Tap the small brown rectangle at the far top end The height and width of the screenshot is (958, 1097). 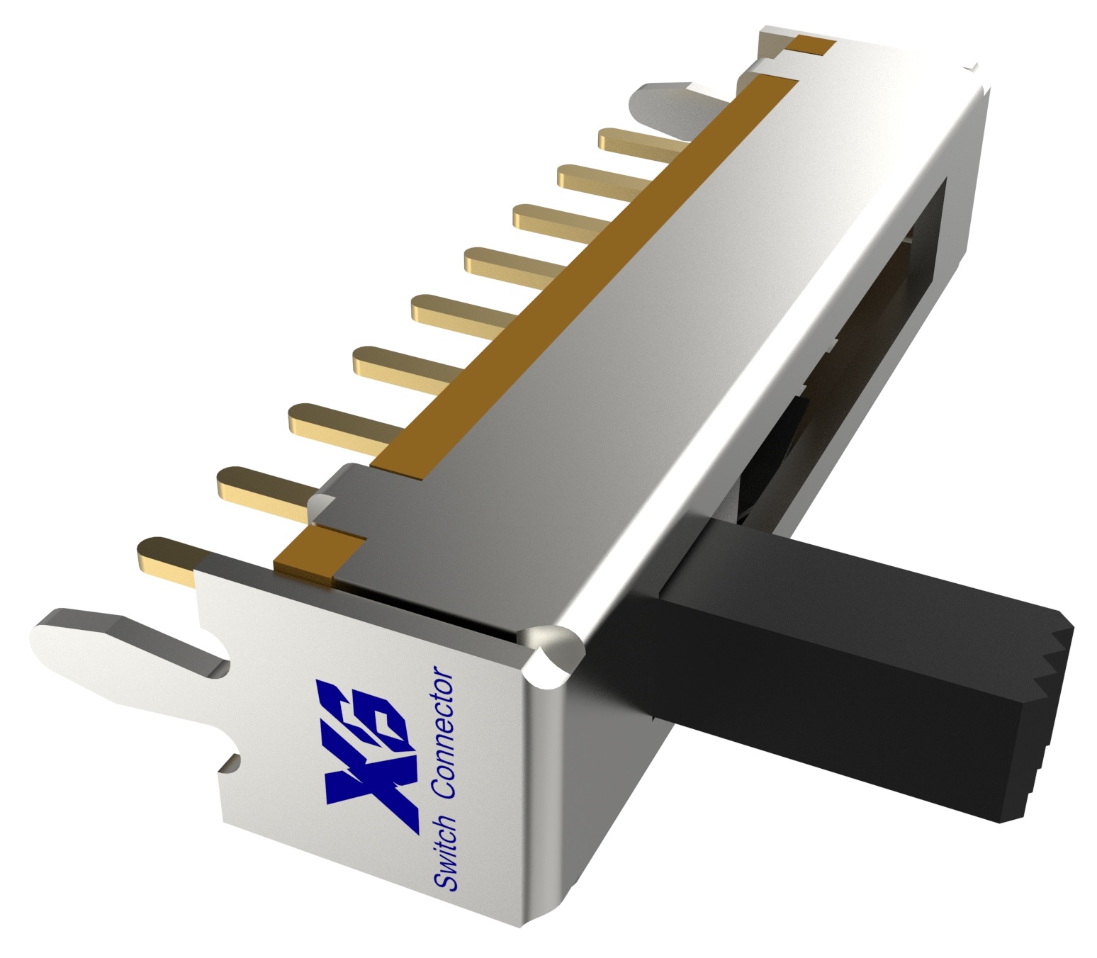click(x=811, y=46)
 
